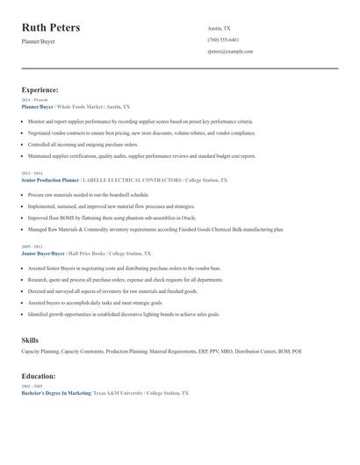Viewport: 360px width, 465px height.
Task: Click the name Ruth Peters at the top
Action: [51, 28]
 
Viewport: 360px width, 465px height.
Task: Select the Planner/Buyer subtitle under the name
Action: [38, 41]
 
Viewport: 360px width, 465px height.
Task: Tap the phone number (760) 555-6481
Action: [223, 40]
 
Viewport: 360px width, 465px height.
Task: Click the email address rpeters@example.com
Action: [230, 52]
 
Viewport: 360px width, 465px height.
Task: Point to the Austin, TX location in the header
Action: [219, 29]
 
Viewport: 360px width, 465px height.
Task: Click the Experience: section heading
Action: [40, 89]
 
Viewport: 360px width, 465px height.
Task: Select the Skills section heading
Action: [30, 340]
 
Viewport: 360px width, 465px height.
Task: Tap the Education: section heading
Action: [40, 376]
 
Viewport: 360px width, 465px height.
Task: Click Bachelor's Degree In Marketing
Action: [56, 394]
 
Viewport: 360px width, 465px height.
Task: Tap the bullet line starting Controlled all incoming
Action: [83, 144]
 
